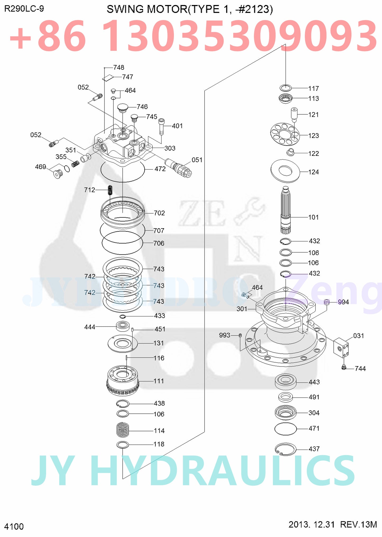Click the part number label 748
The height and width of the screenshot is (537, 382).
tap(119, 68)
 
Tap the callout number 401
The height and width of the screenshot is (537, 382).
tap(177, 126)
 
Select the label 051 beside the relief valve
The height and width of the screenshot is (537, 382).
tap(197, 160)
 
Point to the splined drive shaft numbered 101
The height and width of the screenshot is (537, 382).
tap(286, 210)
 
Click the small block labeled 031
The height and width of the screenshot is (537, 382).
tap(341, 347)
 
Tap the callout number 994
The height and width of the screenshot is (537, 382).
tap(343, 302)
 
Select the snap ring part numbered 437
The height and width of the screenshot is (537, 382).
tap(286, 449)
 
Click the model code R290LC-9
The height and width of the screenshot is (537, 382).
tap(24, 9)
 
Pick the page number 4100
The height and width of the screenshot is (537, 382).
tap(14, 526)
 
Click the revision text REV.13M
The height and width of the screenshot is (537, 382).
tap(358, 524)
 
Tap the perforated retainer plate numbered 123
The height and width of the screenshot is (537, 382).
tap(285, 134)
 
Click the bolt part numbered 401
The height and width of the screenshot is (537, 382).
tap(162, 126)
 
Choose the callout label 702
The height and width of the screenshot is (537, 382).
tap(159, 213)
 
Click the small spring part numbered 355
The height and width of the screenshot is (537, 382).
tap(75, 164)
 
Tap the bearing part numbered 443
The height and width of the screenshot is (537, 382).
tap(286, 382)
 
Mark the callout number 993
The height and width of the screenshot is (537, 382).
tap(224, 335)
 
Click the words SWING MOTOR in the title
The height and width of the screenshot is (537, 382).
tap(147, 10)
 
